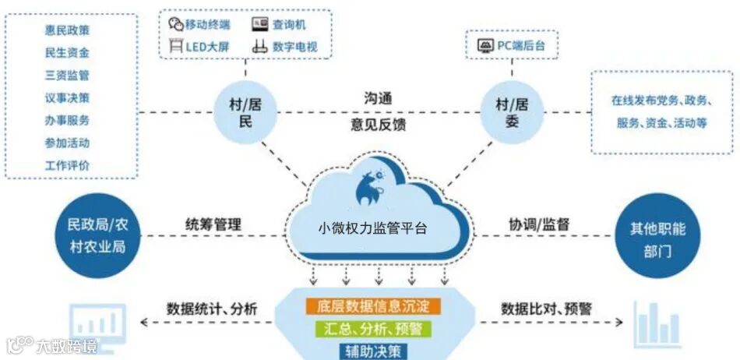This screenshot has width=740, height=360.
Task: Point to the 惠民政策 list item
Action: pyautogui.click(x=67, y=30)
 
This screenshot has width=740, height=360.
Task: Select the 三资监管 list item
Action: pyautogui.click(x=67, y=76)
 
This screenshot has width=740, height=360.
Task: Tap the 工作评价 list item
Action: pyautogui.click(x=67, y=165)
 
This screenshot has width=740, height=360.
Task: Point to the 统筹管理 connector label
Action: pyautogui.click(x=213, y=224)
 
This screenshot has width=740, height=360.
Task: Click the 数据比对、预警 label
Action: pyautogui.click(x=546, y=309)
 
